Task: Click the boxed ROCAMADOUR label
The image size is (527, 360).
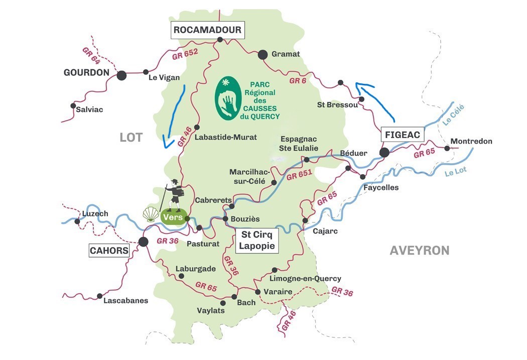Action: pyautogui.click(x=207, y=30)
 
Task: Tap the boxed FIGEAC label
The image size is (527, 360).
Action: pyautogui.click(x=403, y=135)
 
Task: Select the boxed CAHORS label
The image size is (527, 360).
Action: pyautogui.click(x=109, y=250)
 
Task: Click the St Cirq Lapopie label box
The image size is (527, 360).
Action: pyautogui.click(x=257, y=241)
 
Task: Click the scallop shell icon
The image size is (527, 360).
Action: pyautogui.click(x=151, y=214)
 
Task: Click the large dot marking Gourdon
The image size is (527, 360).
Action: pyautogui.click(x=121, y=75)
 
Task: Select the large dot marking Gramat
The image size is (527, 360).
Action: pyautogui.click(x=262, y=55)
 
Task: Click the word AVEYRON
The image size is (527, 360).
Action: pyautogui.click(x=419, y=251)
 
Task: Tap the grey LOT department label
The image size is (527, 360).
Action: pyautogui.click(x=131, y=137)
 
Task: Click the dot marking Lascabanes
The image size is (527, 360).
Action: pyautogui.click(x=100, y=296)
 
